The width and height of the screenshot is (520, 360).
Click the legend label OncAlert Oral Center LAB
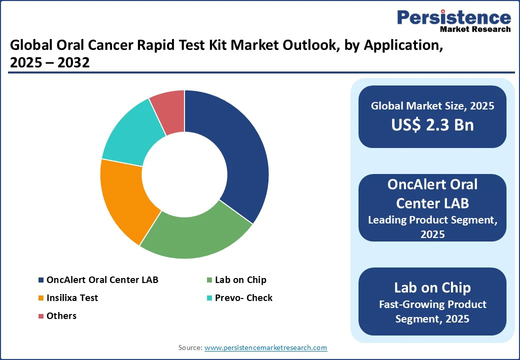(102, 280)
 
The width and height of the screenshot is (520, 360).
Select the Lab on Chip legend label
(240, 280)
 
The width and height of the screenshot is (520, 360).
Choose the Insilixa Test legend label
(72, 298)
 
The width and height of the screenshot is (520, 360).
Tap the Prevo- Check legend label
(243, 298)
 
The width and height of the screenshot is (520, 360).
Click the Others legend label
(61, 316)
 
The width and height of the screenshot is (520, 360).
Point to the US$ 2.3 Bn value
(432, 125)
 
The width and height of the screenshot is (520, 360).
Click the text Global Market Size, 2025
(432, 105)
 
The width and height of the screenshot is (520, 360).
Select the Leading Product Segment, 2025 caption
(432, 226)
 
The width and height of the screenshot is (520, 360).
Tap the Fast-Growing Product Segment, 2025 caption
(432, 311)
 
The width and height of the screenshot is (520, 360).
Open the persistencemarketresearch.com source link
(265, 347)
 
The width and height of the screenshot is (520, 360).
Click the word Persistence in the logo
(454, 18)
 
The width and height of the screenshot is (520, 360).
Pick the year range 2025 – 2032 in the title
(49, 63)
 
